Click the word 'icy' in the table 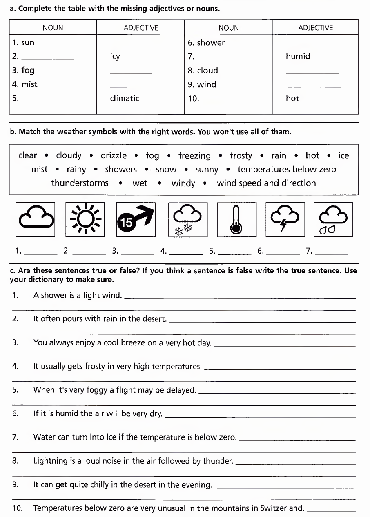[x=115, y=57]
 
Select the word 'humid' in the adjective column [x=298, y=57]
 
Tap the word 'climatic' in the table [x=125, y=98]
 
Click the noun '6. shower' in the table [x=206, y=43]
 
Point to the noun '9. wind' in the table [x=202, y=85]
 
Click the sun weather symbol [x=85, y=219]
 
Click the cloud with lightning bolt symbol [x=285, y=219]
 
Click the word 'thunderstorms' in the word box [x=80, y=183]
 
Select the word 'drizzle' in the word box [x=114, y=155]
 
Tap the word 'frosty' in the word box [x=241, y=155]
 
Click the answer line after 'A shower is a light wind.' [x=239, y=298]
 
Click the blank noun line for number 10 [x=230, y=101]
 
